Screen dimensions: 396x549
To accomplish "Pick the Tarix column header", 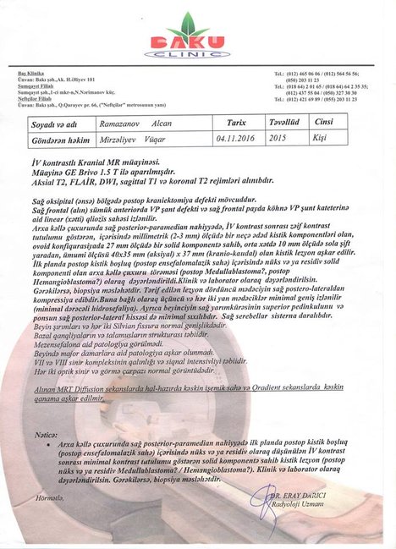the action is coord(231,122).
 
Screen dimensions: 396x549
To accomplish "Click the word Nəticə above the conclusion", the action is coord(49,433).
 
